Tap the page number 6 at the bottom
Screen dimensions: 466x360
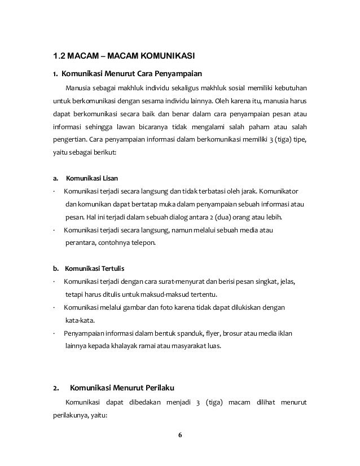(x=180, y=435)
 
